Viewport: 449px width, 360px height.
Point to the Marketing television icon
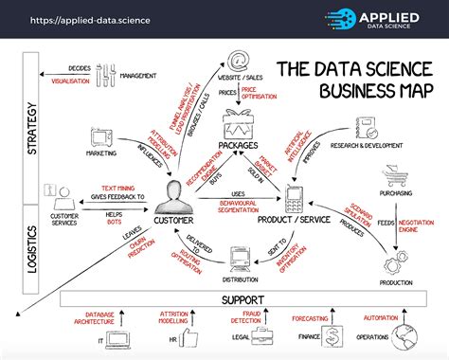click(x=100, y=138)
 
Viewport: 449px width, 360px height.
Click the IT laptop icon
click(x=121, y=339)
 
